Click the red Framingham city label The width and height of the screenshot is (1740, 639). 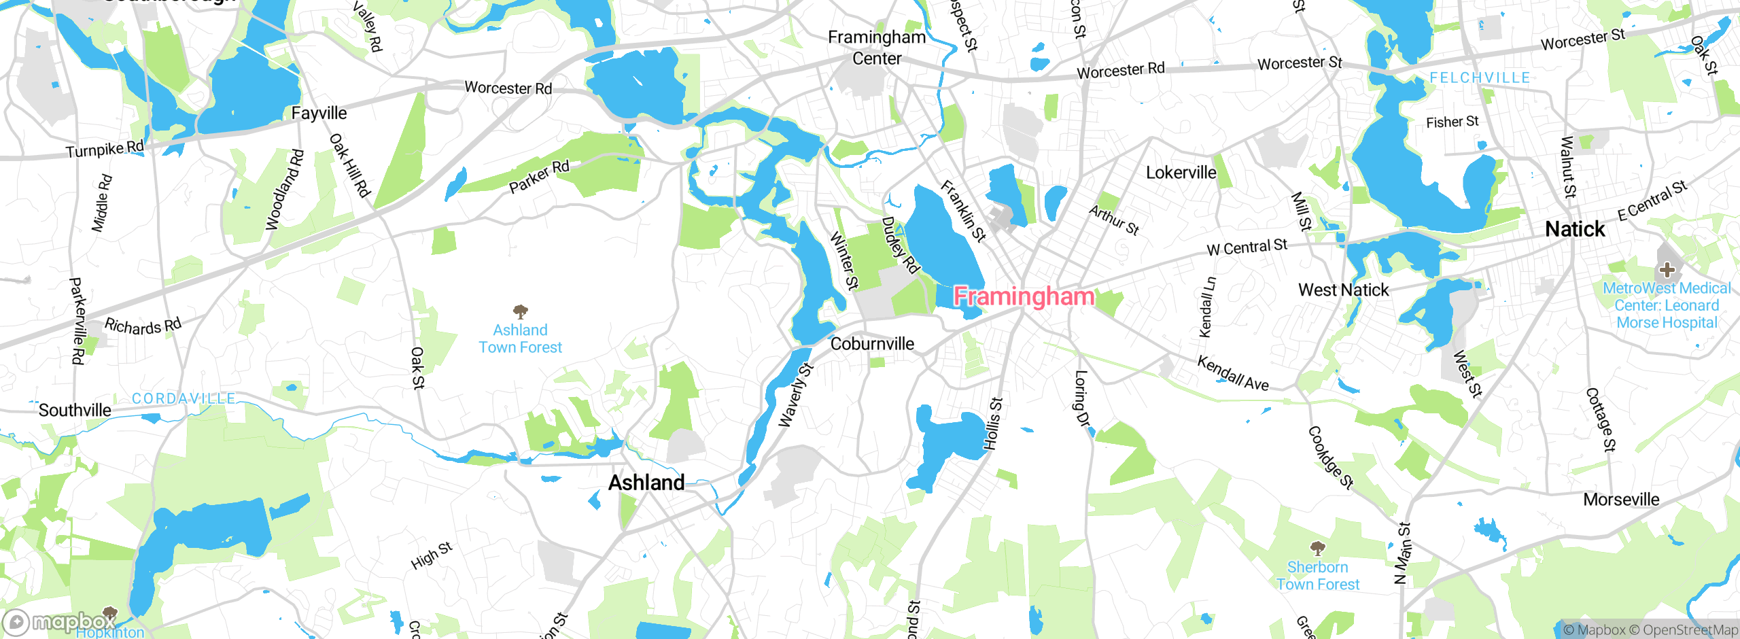(1024, 296)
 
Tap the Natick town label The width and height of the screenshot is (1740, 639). (1575, 229)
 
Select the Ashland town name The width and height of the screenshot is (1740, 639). (646, 483)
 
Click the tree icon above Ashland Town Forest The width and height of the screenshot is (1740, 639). (521, 312)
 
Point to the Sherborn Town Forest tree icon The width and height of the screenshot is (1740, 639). (1317, 548)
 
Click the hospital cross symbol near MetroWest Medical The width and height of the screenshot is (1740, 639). (1667, 270)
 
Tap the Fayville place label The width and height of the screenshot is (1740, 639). (319, 113)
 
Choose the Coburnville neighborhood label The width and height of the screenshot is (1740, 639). (872, 344)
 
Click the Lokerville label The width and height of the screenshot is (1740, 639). (1181, 173)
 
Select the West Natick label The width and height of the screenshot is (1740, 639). (1343, 290)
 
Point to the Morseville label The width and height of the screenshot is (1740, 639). (1621, 500)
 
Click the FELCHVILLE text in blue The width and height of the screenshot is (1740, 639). (1480, 78)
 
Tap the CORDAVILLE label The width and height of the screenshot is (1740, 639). (184, 398)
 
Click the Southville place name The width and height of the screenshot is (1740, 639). (75, 410)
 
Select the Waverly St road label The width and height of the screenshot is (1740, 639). (795, 396)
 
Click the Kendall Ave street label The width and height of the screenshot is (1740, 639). (1233, 373)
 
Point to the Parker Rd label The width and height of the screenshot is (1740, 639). (539, 176)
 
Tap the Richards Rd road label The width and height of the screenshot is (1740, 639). (143, 326)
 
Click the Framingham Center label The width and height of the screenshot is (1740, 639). (877, 48)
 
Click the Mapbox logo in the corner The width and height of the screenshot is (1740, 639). (58, 621)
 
